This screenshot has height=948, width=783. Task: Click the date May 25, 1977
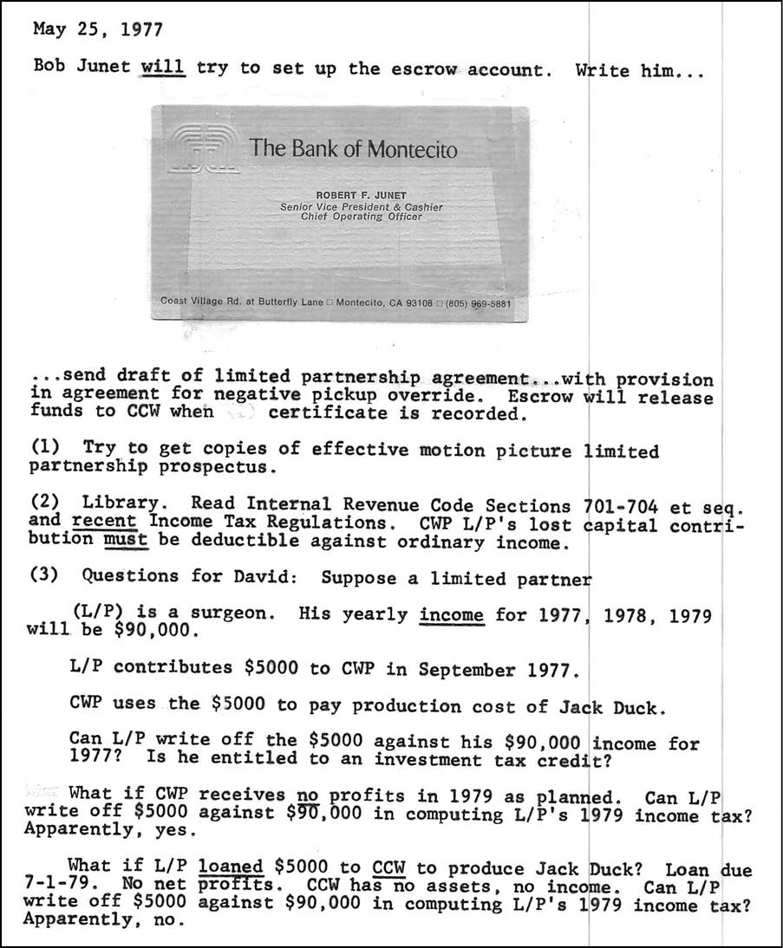(97, 29)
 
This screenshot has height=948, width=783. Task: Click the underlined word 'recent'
(104, 522)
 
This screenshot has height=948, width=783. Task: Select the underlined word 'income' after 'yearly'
(451, 614)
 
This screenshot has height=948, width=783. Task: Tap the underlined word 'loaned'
(232, 867)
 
